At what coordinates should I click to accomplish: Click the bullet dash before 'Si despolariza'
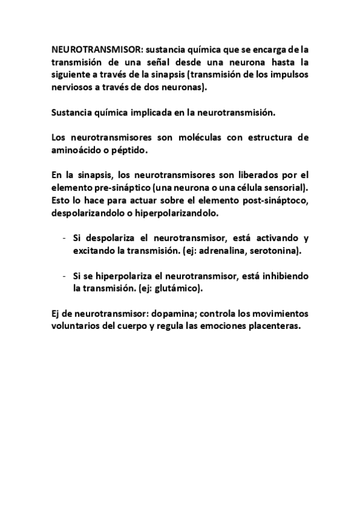(x=64, y=239)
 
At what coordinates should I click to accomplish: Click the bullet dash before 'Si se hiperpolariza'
(x=64, y=277)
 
